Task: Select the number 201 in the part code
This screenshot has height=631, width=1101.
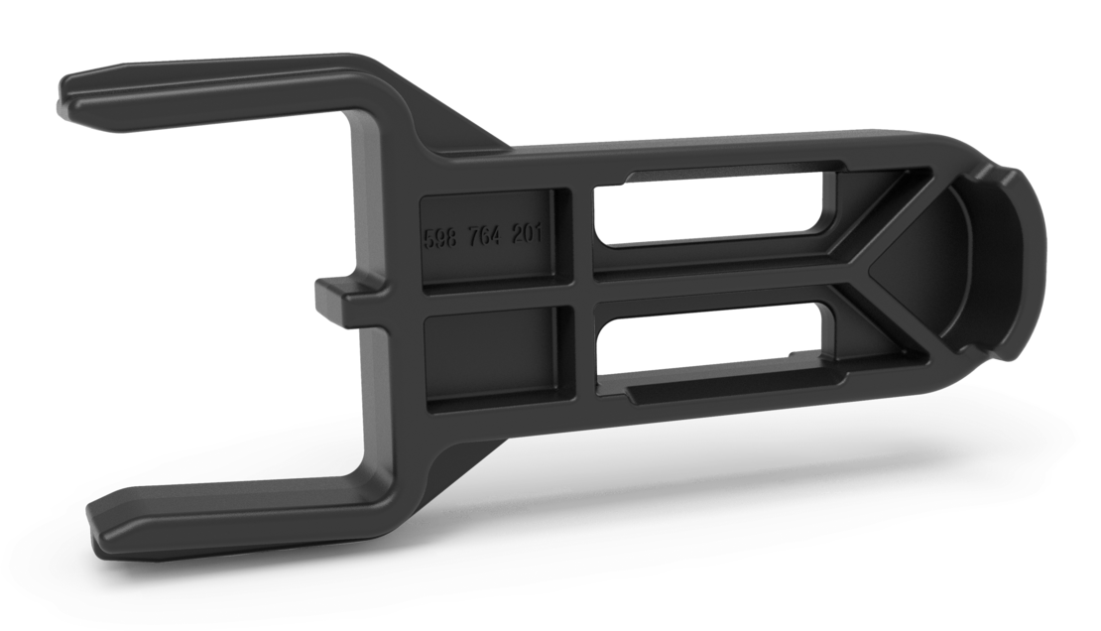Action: pos(530,234)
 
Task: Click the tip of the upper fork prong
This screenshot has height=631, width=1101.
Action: pos(69,95)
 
